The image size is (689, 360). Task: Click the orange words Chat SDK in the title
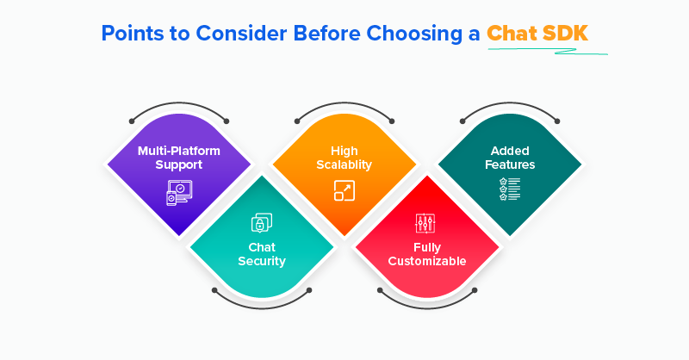pyautogui.click(x=537, y=33)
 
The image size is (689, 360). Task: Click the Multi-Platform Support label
pyautogui.click(x=179, y=157)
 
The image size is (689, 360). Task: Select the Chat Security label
pyautogui.click(x=262, y=254)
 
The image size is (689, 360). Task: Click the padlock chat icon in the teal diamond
pyautogui.click(x=262, y=222)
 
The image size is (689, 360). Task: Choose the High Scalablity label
pyautogui.click(x=344, y=157)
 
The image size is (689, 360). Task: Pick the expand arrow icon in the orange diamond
pyautogui.click(x=344, y=191)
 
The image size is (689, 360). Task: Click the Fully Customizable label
pyautogui.click(x=427, y=254)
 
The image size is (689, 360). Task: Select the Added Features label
pyautogui.click(x=510, y=157)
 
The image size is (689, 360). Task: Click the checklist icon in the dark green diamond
pyautogui.click(x=510, y=189)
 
